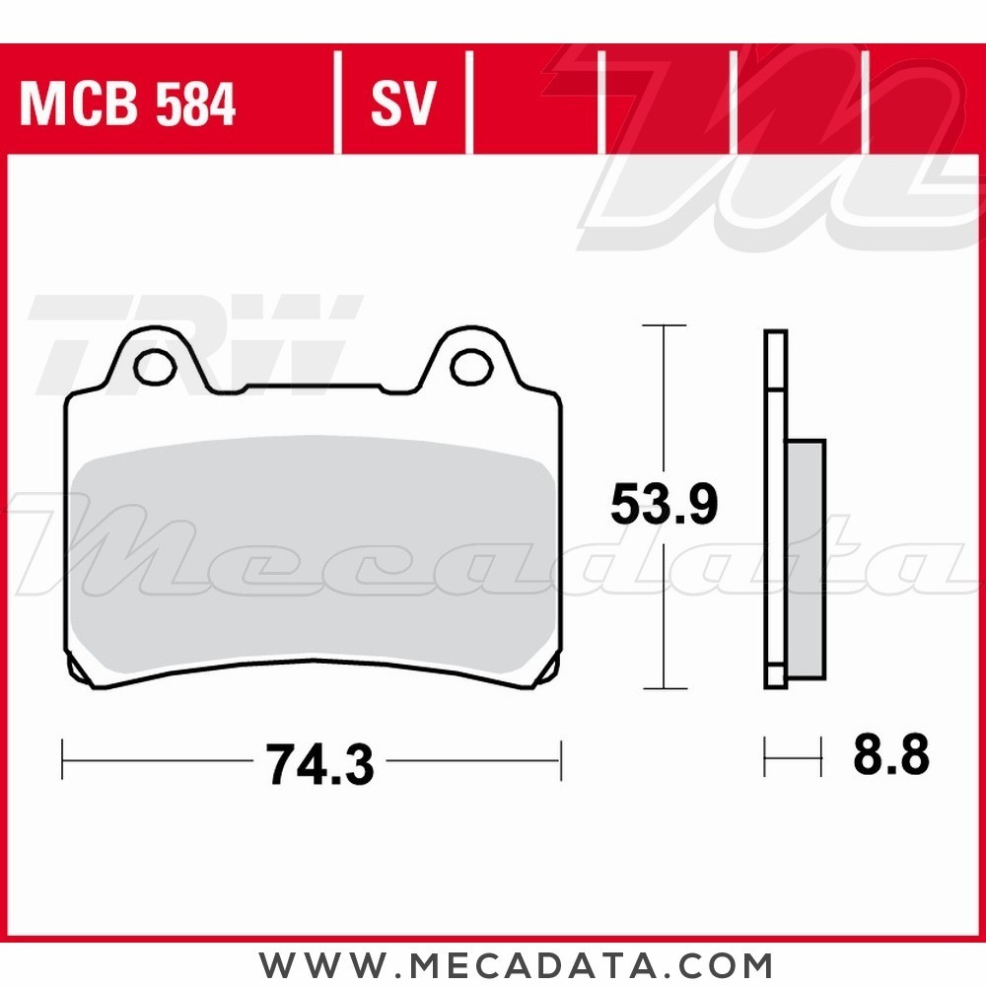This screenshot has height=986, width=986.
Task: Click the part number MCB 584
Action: [x=127, y=105]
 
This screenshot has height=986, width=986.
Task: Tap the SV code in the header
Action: [x=402, y=105]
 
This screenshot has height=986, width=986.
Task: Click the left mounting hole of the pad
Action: [x=154, y=367]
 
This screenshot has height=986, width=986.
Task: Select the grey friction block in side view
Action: [x=807, y=562]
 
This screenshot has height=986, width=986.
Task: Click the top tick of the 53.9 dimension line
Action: [x=664, y=325]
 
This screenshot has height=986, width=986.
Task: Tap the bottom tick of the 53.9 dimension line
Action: [x=664, y=688]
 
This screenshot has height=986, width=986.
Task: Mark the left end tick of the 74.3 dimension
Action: [x=63, y=760]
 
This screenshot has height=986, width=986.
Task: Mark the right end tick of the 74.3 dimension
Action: [x=560, y=760]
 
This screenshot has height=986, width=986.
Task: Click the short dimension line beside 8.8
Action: [x=793, y=759]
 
